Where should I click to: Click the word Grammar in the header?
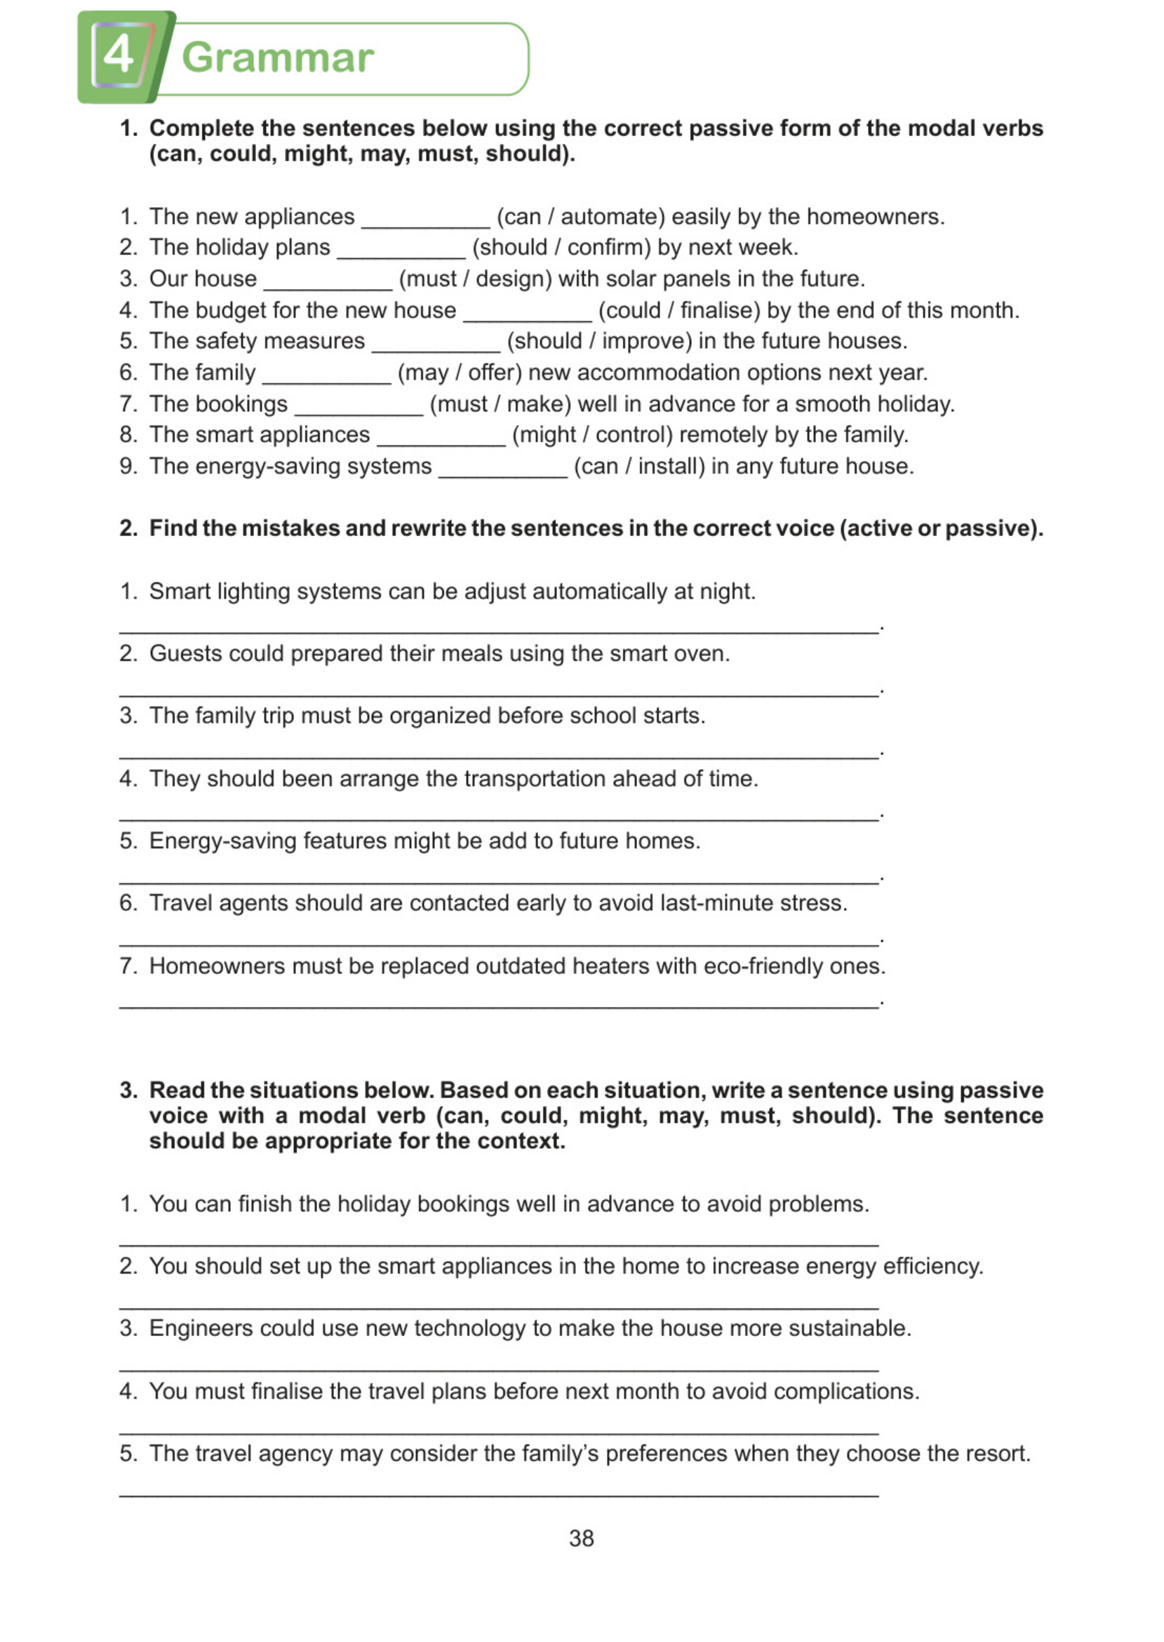(277, 58)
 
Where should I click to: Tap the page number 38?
(581, 1538)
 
